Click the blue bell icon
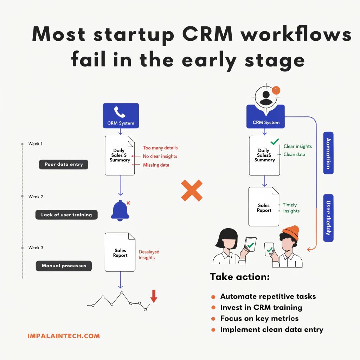(121, 211)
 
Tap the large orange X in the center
(192, 190)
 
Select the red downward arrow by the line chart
(154, 296)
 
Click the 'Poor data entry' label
(64, 165)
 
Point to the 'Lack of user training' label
(66, 215)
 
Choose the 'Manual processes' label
(64, 266)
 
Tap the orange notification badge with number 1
(276, 90)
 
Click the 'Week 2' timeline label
(36, 197)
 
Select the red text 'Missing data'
(156, 165)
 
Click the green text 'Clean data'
(294, 154)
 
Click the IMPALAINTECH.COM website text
(64, 336)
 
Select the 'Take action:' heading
(240, 277)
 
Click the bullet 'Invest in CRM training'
(261, 307)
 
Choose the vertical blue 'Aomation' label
(328, 153)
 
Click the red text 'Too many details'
(160, 148)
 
